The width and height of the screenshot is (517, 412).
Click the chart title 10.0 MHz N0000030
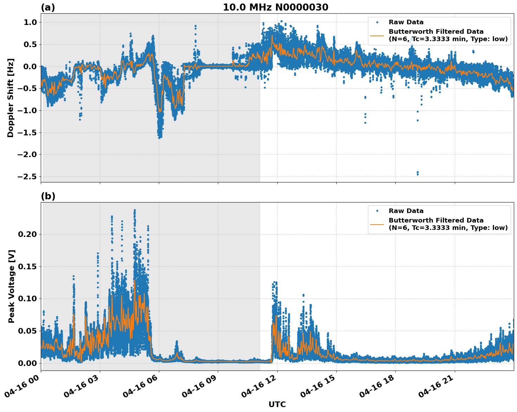tap(276, 7)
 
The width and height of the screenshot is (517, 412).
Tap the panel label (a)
tap(48, 7)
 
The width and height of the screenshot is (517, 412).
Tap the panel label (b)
tap(48, 196)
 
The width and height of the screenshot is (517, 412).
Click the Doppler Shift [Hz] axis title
tap(11, 98)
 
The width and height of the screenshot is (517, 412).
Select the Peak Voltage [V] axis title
tap(12, 286)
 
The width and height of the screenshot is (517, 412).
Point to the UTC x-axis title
tap(277, 404)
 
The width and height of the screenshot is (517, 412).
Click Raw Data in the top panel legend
tap(406, 22)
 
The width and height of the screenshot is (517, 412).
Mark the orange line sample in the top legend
tap(377, 36)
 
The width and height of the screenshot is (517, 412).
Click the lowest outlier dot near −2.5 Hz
tap(418, 174)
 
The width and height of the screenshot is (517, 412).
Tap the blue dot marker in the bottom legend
tap(377, 211)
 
